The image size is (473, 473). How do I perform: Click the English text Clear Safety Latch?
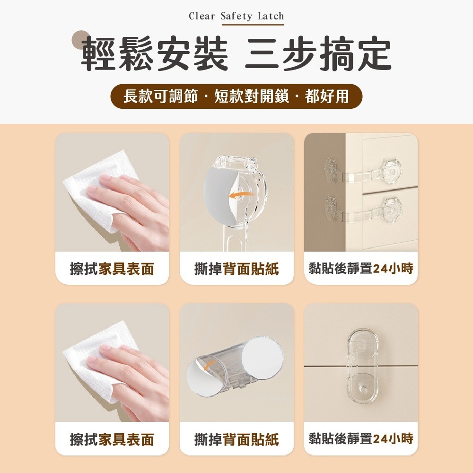(236, 16)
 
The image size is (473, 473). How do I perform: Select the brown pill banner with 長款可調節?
(236, 96)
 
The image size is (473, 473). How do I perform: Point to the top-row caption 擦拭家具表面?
(112, 269)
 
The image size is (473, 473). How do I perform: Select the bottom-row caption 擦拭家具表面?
(112, 439)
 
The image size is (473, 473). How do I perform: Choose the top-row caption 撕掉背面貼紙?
(236, 269)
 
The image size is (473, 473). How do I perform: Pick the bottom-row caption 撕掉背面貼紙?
(236, 439)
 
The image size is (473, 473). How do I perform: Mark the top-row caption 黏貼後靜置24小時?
(361, 269)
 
